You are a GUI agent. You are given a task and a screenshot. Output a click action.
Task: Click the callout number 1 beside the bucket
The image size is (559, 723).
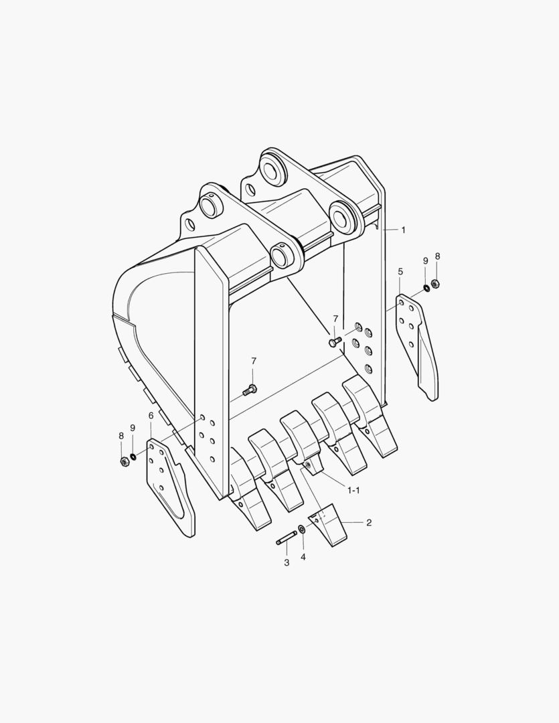(403, 230)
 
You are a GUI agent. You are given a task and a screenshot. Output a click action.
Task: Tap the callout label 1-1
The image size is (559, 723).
(353, 490)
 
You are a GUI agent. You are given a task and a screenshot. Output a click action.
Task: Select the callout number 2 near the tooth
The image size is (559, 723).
(369, 522)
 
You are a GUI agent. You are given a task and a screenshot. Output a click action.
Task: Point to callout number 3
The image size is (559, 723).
(287, 562)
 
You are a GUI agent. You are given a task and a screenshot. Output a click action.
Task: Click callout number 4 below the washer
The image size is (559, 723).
(303, 556)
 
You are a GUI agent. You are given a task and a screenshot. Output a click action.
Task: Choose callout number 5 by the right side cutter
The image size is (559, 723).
(400, 272)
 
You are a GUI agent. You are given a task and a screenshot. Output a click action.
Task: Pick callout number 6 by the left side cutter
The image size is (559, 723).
(151, 416)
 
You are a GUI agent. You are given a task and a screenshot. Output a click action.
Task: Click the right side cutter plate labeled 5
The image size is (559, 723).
(419, 345)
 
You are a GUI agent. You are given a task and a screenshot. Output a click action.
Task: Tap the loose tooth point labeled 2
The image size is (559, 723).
(330, 528)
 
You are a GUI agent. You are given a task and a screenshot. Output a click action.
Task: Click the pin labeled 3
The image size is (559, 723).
(287, 538)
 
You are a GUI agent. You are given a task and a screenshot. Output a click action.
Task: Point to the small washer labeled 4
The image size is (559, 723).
(302, 530)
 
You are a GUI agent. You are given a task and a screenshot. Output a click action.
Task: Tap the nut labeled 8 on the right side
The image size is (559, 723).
(435, 283)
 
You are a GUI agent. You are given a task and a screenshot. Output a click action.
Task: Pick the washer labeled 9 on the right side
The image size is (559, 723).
(426, 289)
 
